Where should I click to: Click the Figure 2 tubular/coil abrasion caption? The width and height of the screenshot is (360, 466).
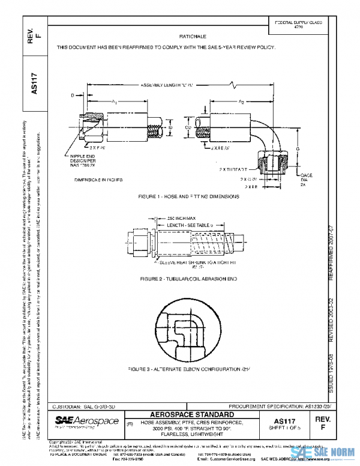(184, 280)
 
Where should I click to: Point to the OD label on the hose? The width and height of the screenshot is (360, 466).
(188, 127)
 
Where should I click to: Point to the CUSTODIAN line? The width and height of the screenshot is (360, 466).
(85, 407)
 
